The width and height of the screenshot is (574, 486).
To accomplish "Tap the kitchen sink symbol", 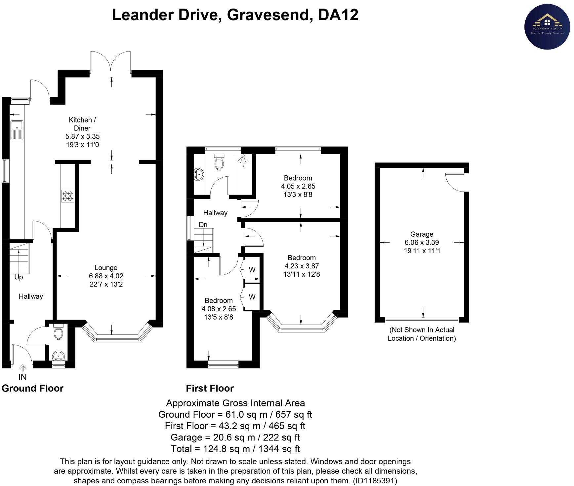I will tap(17, 130).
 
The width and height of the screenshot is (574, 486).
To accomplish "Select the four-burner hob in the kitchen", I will tap(67, 196).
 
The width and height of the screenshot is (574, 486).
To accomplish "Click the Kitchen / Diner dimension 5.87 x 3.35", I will tap(82, 136).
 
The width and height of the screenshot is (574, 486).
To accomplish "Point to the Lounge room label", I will tap(106, 268).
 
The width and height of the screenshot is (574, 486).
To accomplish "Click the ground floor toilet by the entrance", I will tap(59, 332).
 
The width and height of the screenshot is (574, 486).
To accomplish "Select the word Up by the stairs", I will tap(19, 277).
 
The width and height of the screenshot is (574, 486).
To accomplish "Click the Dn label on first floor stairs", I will tap(203, 225).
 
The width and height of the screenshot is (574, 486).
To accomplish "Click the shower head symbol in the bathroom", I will tap(244, 159).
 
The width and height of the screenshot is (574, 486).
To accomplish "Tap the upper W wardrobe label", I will tap(252, 270).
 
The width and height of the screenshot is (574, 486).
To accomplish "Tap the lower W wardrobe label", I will tap(252, 297).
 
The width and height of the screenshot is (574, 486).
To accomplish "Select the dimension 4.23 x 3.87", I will tap(302, 266).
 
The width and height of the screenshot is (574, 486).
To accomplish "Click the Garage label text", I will tap(422, 234).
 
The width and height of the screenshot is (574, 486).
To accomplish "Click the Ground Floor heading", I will tap(32, 388).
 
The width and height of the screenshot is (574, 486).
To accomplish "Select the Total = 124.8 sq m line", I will tap(235, 449).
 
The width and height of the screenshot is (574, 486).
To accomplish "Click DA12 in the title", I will tap(338, 15).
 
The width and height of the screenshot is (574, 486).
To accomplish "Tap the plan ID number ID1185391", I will tap(375, 480).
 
